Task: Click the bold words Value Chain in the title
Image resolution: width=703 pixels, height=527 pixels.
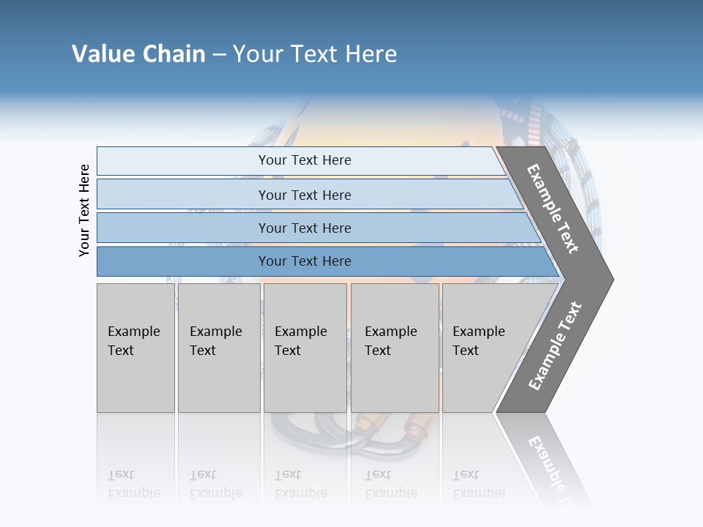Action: tap(138, 54)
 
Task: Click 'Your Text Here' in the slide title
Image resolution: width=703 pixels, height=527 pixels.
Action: tap(315, 54)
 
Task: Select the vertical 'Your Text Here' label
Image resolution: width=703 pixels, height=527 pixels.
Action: tap(84, 210)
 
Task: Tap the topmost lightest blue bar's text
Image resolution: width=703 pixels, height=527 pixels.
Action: tap(305, 160)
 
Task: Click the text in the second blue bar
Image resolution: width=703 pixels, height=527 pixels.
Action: tap(305, 195)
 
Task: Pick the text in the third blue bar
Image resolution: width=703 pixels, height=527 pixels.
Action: tap(305, 228)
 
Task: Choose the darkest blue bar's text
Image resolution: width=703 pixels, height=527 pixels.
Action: tap(305, 261)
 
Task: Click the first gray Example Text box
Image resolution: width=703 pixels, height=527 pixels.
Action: tap(135, 347)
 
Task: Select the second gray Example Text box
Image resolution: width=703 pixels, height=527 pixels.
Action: tap(218, 347)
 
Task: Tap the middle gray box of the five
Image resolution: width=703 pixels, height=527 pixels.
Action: tap(305, 347)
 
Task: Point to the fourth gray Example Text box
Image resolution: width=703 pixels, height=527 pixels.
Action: tap(394, 347)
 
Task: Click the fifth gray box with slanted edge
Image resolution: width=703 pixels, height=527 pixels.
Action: tap(483, 347)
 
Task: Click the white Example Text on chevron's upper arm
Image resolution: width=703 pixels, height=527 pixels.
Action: tap(553, 209)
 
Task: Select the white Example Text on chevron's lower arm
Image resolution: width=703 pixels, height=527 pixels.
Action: tap(555, 346)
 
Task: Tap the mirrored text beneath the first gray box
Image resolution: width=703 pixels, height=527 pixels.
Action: tap(133, 484)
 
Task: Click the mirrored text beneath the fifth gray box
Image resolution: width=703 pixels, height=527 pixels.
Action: tap(478, 484)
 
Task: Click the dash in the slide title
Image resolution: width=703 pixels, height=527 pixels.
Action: tap(219, 55)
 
